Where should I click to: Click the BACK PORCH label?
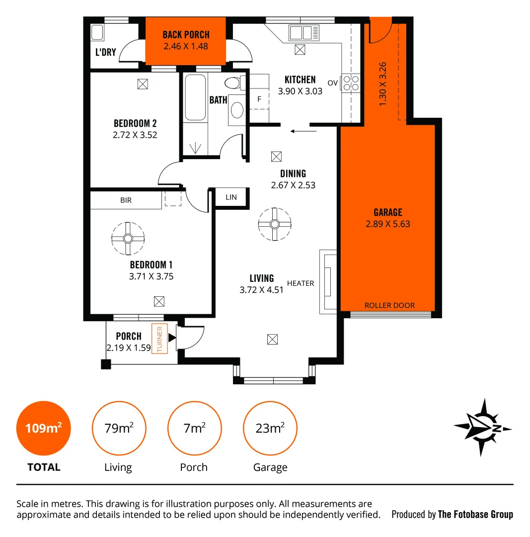(x=186, y=35)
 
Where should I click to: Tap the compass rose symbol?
(x=482, y=428)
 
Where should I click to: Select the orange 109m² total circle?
(x=44, y=428)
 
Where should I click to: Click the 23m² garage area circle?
(x=270, y=428)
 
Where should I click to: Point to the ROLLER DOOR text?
(x=389, y=305)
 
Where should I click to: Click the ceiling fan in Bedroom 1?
(x=128, y=238)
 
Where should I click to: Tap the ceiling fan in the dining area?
(x=275, y=224)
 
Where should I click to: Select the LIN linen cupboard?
(x=231, y=197)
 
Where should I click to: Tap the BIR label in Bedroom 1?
(x=126, y=200)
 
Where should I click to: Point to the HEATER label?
(x=301, y=283)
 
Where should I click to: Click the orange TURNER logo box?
(x=160, y=339)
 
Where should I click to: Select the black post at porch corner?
(x=106, y=364)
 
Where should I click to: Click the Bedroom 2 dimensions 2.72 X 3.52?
(x=135, y=134)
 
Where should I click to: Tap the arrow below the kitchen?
(x=303, y=131)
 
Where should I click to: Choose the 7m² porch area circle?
(x=194, y=428)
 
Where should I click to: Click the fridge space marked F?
(x=259, y=99)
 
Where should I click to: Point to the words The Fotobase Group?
(x=475, y=514)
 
